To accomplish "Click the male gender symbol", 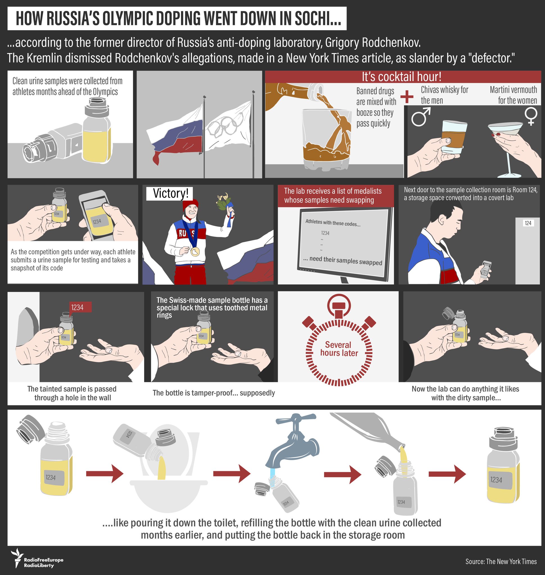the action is pos(421,117).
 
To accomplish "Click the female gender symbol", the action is pos(531,116).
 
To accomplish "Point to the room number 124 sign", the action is pos(528,223).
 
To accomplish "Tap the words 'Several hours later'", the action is pos(339,349).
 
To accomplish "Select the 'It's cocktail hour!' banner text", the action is pos(401,77).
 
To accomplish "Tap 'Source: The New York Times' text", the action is pos(501,561).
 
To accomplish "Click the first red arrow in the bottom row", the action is pos(105,474).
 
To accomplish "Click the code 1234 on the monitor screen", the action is pos(325,233).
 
